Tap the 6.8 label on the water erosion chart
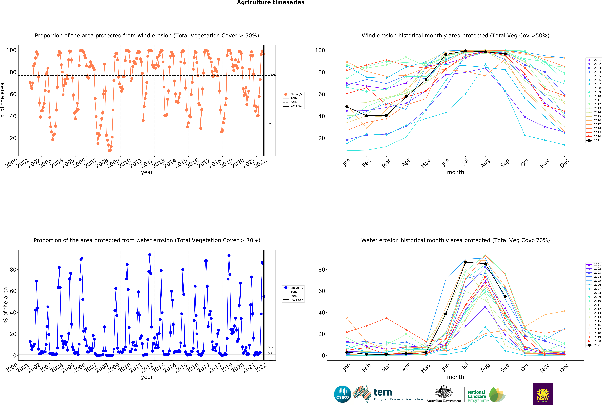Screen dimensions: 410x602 coord(270,347)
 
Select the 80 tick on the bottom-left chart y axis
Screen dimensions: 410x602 coord(13,270)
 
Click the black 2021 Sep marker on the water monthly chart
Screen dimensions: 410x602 coord(505,296)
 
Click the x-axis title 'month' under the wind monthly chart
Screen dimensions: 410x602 coord(455,172)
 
